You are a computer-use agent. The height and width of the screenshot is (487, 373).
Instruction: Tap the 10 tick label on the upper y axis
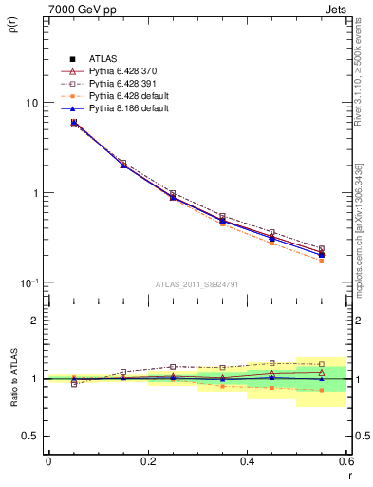pos(30,103)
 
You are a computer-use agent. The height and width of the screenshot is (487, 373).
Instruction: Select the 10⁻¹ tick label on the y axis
pos(28,282)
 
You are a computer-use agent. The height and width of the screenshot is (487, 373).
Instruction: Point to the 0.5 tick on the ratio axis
pos(29,436)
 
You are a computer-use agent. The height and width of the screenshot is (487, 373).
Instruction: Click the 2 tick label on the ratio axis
pos(34,321)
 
